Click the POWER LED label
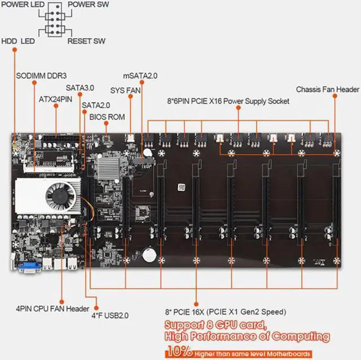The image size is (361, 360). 23,5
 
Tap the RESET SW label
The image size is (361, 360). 86,41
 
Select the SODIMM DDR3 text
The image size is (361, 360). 41,75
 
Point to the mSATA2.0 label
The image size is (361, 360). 140,75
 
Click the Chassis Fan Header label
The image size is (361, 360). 327,89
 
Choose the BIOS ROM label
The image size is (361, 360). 107,117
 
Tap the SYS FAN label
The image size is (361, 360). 125,90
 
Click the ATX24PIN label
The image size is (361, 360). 55,99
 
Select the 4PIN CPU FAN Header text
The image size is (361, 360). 52,309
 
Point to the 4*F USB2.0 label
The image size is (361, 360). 110,315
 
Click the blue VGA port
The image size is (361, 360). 30,267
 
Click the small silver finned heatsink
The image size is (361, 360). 108,168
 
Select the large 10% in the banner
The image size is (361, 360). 179,351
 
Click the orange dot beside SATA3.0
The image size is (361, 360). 80,94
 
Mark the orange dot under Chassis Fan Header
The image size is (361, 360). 335,96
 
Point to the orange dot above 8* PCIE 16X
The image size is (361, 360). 196,304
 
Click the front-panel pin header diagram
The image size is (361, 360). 55,20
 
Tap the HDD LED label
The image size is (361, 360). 18,41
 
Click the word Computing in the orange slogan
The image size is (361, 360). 301,336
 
